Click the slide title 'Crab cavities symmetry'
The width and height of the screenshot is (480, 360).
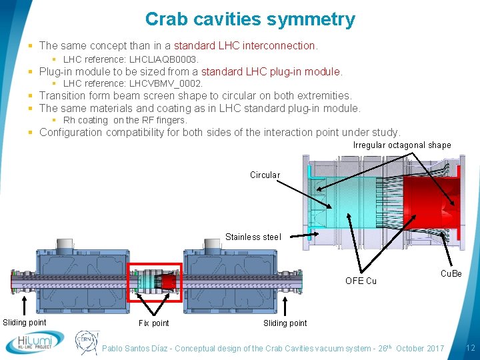250,20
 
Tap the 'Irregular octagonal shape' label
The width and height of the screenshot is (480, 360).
401,145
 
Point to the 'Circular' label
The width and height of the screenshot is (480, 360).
265,175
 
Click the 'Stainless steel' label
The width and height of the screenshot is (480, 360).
253,237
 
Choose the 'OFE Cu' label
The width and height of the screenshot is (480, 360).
361,281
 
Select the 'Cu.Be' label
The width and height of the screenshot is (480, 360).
451,274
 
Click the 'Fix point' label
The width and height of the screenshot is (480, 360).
153,323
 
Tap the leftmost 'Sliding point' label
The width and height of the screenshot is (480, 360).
25,323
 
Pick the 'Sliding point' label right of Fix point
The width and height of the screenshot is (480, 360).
285,323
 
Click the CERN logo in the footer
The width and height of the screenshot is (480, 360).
86,342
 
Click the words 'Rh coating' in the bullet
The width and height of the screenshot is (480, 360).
85,120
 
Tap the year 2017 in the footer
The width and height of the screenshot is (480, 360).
433,349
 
